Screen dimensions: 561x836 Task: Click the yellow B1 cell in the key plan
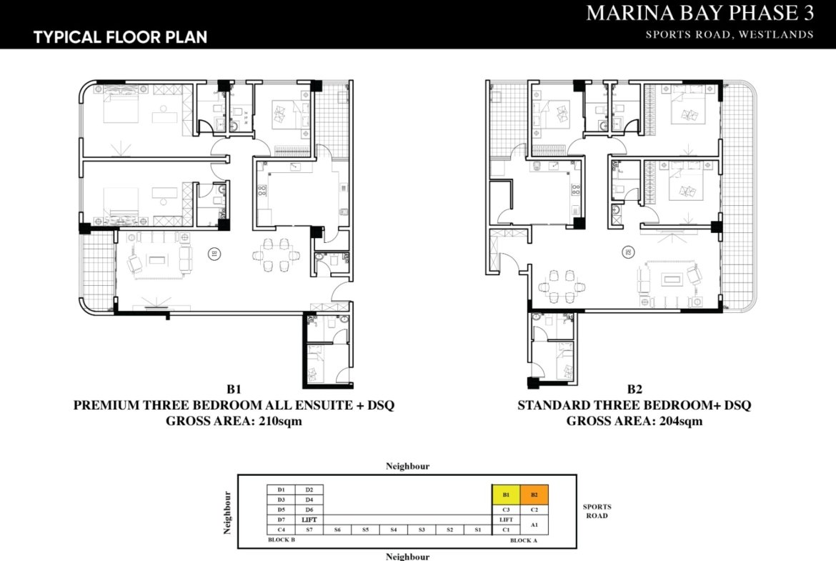pos(506,495)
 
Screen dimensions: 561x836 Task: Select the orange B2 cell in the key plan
pos(534,495)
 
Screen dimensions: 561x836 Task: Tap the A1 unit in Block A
pos(534,525)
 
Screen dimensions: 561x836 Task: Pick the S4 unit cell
pos(393,530)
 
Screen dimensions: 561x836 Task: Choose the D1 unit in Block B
pos(281,490)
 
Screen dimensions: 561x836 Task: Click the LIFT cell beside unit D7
pos(309,520)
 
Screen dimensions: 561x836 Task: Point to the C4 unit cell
pos(281,530)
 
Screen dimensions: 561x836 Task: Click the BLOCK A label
pos(524,541)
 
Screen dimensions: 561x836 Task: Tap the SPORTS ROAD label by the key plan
pos(597,511)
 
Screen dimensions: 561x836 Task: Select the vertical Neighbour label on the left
pos(228,512)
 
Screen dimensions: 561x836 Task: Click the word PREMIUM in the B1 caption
pos(104,405)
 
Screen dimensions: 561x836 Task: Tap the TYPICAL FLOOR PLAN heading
pos(120,37)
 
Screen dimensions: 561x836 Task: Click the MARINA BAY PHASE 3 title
pos(700,14)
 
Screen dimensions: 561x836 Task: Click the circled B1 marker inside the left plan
pos(213,253)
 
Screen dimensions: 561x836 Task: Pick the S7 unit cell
pos(309,530)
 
